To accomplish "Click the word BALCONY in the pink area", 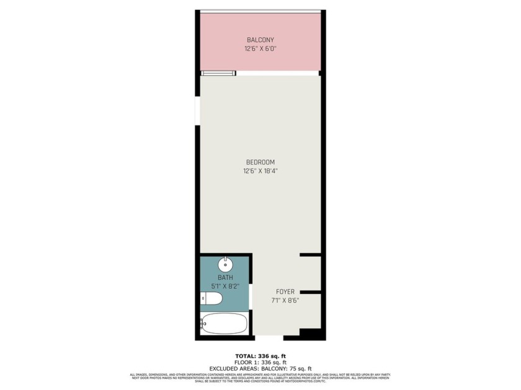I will [260, 40].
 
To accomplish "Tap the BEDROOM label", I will [260, 162].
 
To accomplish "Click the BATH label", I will [225, 277].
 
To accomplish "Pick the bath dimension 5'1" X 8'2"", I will [225, 285].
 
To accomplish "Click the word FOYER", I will [285, 292].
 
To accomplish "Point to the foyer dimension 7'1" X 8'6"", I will [285, 300].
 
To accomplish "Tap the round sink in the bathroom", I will [225, 265].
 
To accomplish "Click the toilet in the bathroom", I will [212, 300].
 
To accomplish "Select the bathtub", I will [224, 323].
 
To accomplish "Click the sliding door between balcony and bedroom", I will [218, 73].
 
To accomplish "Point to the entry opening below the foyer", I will [269, 337].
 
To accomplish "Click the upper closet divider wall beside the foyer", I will [309, 254].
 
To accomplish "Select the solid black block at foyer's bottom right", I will [308, 334].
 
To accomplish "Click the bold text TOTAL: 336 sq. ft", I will [260, 356].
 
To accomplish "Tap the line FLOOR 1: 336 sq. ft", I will [260, 362].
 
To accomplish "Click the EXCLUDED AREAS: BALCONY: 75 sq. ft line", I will [260, 368].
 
